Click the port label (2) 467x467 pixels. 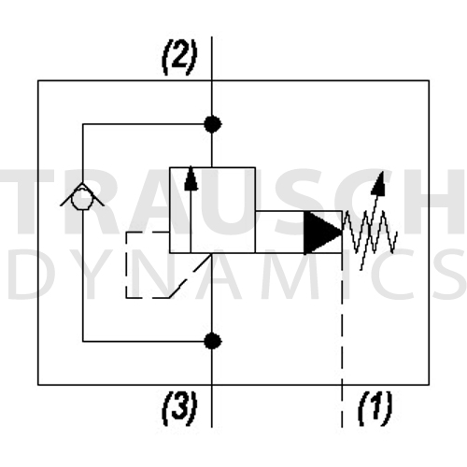click(179, 58)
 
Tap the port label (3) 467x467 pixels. click(179, 408)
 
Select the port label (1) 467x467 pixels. click(375, 408)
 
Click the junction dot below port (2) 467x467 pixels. click(212, 124)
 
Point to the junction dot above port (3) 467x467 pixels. click(212, 341)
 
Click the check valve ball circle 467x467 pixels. click(81, 199)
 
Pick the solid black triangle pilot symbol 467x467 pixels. click(322, 233)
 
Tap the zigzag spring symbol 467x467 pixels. click(370, 232)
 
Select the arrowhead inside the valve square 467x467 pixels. click(191, 178)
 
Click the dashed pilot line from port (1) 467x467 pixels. click(342, 340)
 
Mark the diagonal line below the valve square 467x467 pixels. click(191, 276)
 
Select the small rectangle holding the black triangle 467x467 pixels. click(299, 233)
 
